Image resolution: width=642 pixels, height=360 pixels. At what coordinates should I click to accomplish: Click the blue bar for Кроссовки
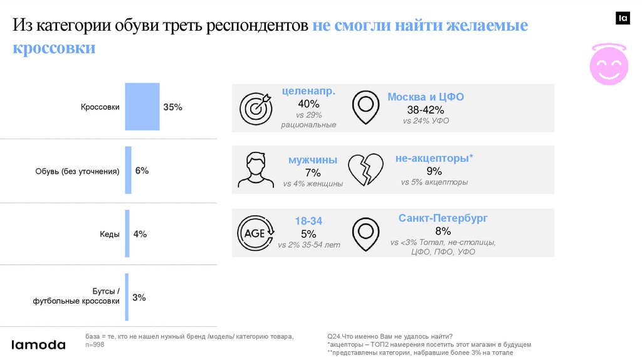click(142, 107)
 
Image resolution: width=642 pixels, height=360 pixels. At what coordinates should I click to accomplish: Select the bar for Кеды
click(127, 233)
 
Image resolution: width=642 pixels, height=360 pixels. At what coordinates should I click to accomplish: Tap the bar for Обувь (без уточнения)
click(128, 170)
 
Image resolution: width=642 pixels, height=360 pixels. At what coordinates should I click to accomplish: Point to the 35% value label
click(172, 107)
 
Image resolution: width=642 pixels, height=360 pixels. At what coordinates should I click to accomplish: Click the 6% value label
click(142, 171)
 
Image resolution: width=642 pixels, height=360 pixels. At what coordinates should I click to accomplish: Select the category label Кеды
click(109, 234)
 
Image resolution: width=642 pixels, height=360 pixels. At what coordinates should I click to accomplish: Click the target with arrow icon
click(256, 107)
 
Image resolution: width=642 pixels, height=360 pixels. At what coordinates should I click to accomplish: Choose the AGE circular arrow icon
click(255, 233)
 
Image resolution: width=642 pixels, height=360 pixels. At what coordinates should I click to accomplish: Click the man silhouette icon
click(255, 170)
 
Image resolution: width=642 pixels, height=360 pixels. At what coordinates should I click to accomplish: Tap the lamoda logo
click(39, 344)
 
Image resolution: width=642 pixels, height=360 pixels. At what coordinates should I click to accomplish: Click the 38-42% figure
click(426, 110)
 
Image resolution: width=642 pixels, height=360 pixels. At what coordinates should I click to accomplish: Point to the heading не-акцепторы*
click(434, 159)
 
